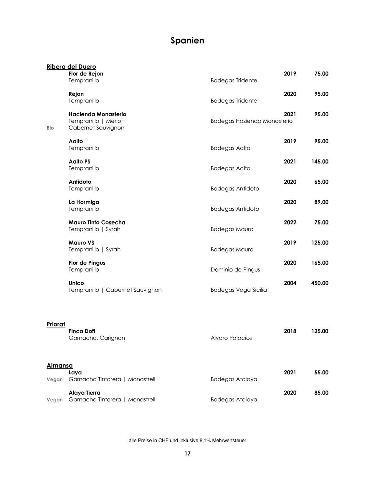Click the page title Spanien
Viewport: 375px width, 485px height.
click(x=187, y=40)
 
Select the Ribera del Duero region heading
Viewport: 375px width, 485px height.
click(x=71, y=67)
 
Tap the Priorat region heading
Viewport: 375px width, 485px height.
click(x=56, y=324)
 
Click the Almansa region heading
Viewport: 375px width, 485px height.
click(x=60, y=366)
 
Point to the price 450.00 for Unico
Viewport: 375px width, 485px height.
click(x=320, y=283)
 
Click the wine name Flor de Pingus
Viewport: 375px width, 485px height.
click(x=87, y=263)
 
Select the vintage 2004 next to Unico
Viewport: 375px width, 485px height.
click(x=290, y=283)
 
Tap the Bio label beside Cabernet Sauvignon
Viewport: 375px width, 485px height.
click(x=50, y=128)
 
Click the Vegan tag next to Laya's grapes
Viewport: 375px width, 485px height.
click(x=54, y=379)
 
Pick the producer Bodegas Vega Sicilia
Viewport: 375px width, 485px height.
click(x=239, y=290)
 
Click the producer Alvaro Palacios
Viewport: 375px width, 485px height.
click(x=231, y=338)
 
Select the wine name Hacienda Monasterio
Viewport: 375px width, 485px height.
click(x=97, y=114)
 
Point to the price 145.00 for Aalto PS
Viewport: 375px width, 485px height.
click(x=320, y=162)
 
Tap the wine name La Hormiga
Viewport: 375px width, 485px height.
click(x=84, y=202)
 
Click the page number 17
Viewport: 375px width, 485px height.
click(x=187, y=454)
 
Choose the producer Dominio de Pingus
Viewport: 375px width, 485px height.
click(x=235, y=270)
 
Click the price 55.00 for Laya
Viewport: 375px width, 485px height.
click(x=321, y=373)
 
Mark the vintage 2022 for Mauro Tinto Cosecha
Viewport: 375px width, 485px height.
click(x=290, y=222)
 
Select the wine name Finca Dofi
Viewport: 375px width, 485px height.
click(x=82, y=331)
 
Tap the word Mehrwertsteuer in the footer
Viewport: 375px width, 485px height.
click(x=229, y=441)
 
